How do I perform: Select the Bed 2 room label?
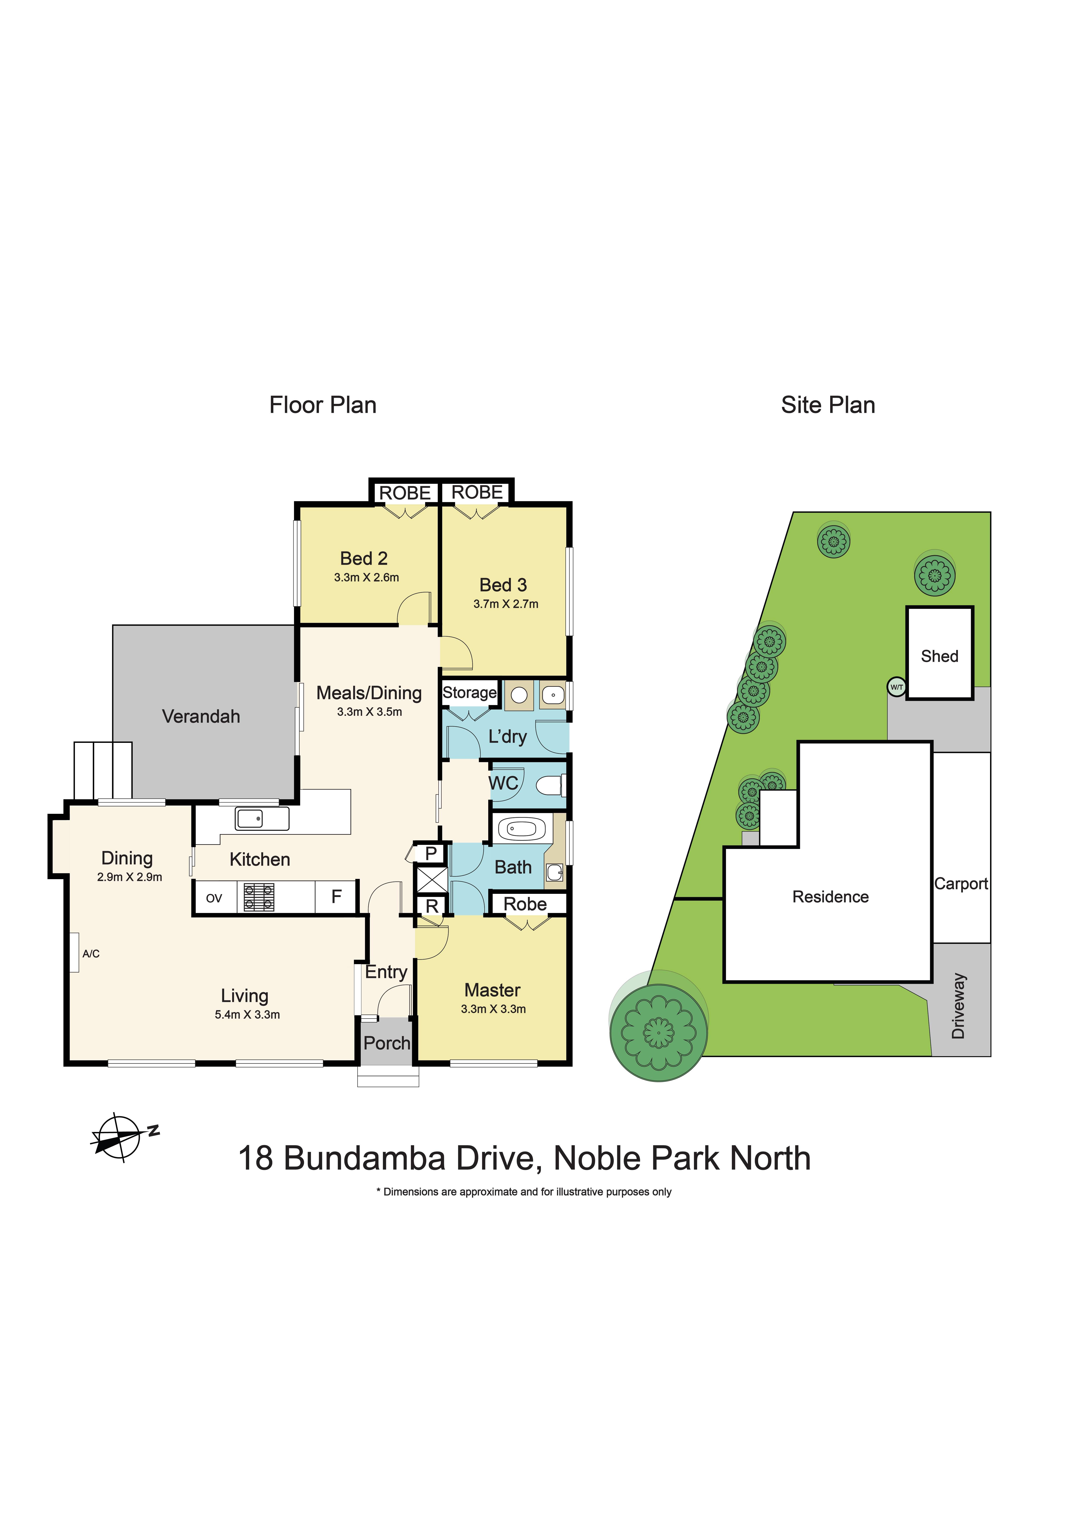pos(364,558)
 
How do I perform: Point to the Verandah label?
pos(201,716)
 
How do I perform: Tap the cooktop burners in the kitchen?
pos(259,897)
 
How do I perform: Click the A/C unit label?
pos(91,954)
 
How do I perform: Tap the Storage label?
pos(469,693)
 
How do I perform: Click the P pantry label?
pos(431,854)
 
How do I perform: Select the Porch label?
pos(387,1044)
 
